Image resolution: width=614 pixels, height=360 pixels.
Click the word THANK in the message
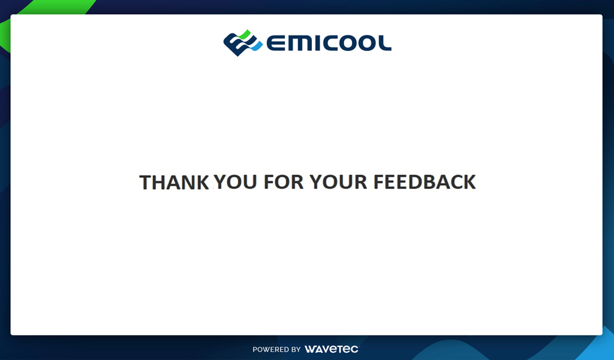[174, 182]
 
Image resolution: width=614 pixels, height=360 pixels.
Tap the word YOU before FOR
[235, 182]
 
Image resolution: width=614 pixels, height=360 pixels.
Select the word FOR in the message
[284, 182]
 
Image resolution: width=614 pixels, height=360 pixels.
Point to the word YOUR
[338, 182]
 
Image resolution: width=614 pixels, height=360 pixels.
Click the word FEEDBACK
[425, 182]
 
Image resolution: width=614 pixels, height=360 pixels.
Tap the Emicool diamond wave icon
[243, 43]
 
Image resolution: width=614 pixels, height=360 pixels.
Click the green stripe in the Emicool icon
[245, 34]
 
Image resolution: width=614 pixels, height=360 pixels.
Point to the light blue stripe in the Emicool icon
[257, 46]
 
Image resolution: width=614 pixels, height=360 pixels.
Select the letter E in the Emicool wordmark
[275, 43]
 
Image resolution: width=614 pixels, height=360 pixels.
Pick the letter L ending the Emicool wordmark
[385, 43]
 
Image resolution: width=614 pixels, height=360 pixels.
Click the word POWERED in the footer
[271, 349]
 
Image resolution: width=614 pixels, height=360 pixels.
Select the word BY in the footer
[296, 349]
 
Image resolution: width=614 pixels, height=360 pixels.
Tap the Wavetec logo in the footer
[332, 349]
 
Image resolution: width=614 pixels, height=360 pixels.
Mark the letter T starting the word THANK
[146, 182]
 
